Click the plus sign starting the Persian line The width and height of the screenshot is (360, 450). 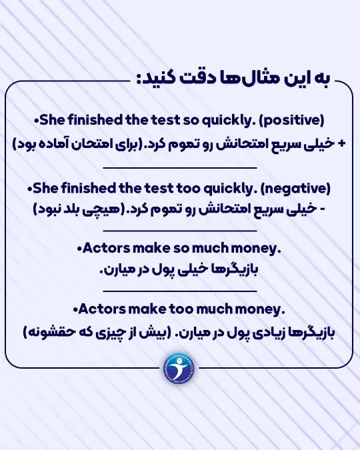coord(342,144)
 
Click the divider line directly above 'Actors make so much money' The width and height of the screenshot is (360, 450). coord(181,230)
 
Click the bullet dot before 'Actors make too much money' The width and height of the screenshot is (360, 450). coord(74,309)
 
